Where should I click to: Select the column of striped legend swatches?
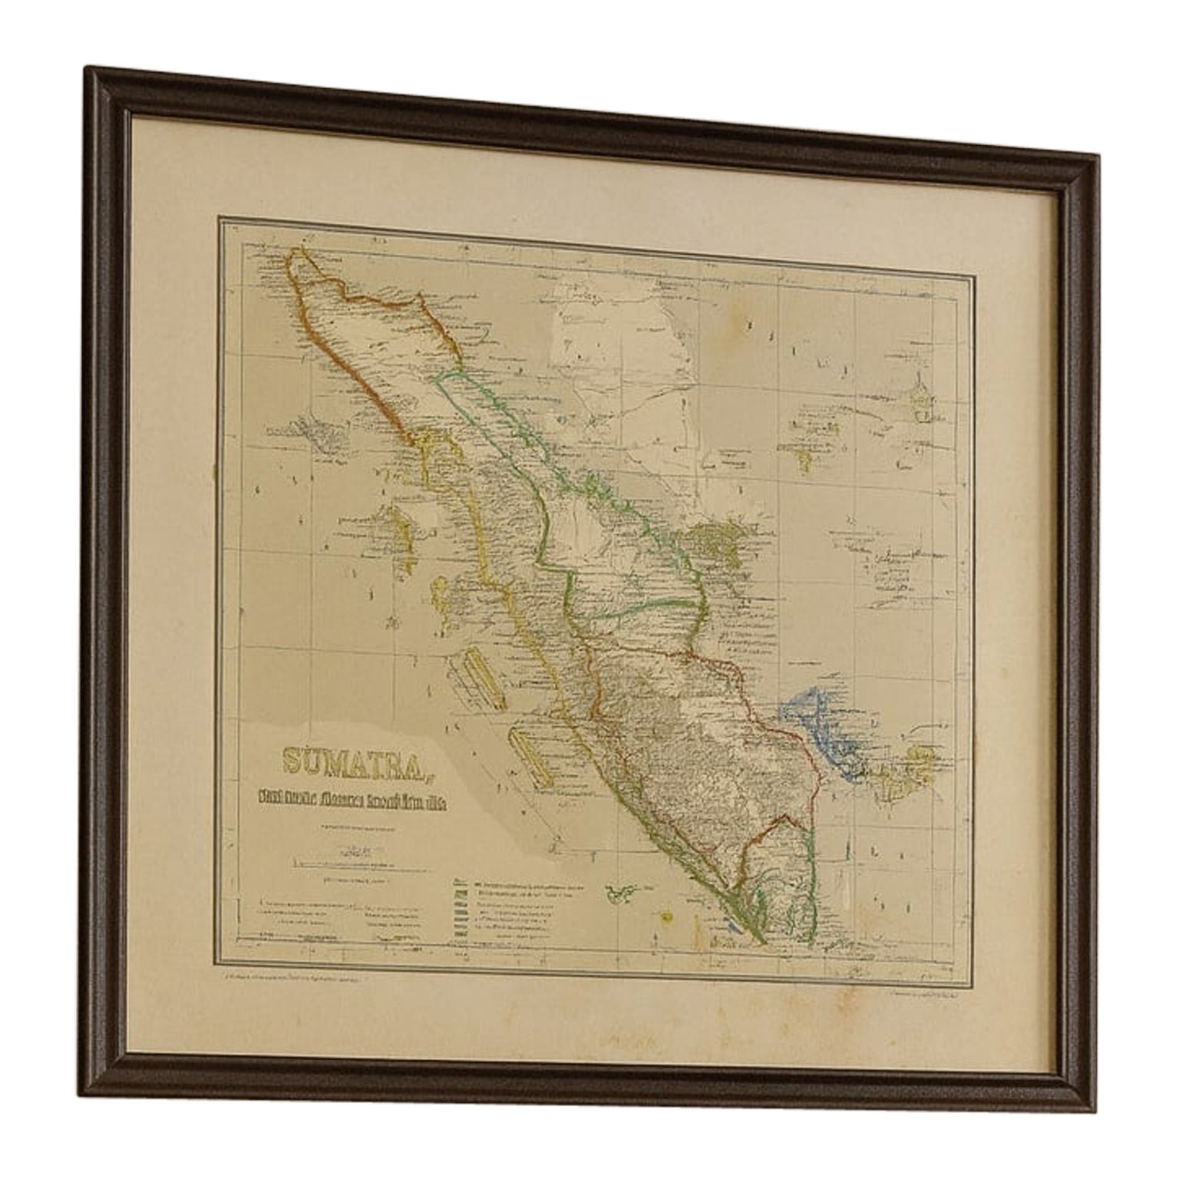(460, 921)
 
